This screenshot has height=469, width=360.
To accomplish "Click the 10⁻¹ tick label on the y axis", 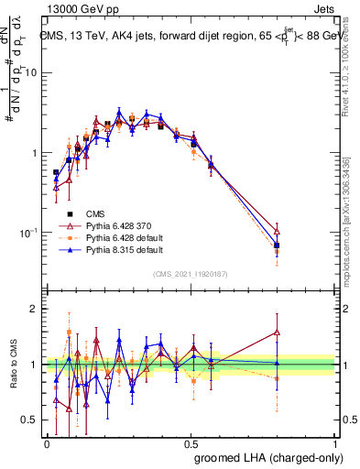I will [x=27, y=234].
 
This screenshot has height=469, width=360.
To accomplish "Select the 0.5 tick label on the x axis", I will [x=191, y=442].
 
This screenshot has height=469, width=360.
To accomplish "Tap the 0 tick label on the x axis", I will [x=47, y=442].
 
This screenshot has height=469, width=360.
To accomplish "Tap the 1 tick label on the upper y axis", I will [x=36, y=153].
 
